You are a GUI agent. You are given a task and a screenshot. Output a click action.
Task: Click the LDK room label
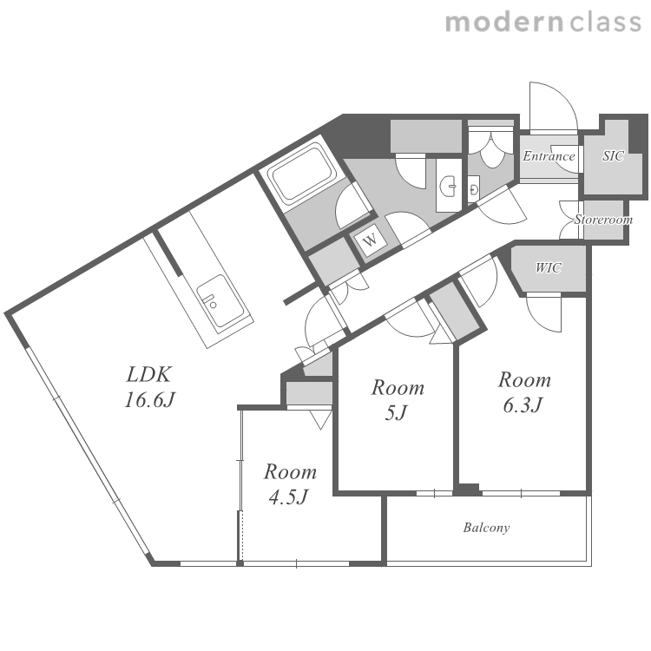pos(148,374)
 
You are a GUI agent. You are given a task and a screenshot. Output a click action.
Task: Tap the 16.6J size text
pos(149,400)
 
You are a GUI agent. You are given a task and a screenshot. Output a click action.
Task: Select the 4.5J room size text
pos(288,496)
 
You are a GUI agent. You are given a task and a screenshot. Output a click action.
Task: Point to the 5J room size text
pos(397,412)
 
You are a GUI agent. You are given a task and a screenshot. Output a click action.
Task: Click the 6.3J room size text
pos(523,404)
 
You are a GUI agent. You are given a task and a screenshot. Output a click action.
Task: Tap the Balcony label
pos(486,528)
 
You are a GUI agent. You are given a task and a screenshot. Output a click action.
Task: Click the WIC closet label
pos(549,268)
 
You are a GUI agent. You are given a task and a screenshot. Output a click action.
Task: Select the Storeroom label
pos(603,220)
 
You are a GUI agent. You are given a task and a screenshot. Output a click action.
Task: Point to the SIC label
pos(613,155)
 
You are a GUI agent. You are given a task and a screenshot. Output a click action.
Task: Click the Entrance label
pos(549,156)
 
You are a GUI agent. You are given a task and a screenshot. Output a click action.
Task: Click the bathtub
pos(302,173)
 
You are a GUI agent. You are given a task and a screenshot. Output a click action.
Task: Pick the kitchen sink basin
pos(220,300)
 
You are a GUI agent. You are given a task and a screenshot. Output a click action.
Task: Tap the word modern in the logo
pos(504,23)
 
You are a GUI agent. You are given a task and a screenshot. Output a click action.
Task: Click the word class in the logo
pos(606,23)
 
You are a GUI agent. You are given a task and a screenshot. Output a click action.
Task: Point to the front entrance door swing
pos(553,106)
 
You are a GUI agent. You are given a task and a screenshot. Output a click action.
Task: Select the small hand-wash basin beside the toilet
pos(474,190)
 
